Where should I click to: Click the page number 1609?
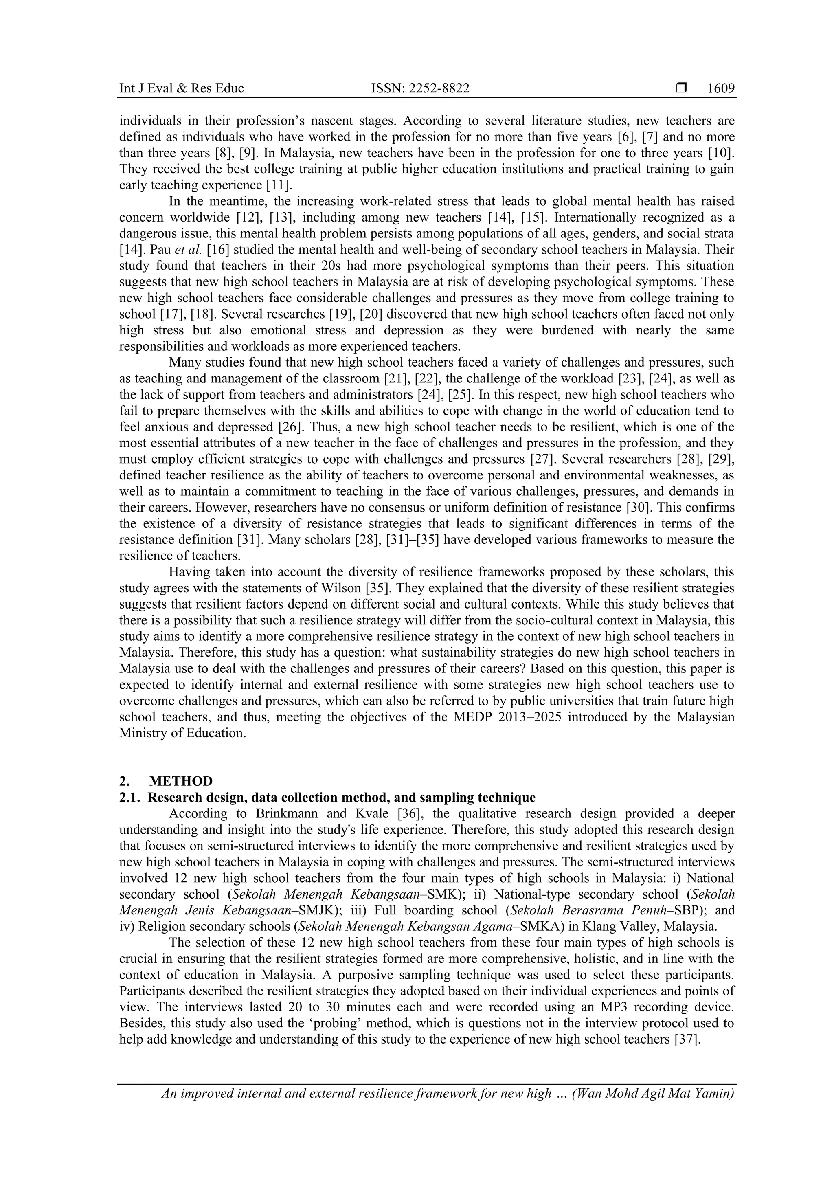point(720,88)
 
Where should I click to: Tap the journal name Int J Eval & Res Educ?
point(181,88)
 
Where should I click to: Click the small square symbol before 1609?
point(681,88)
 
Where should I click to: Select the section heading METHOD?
point(181,781)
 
